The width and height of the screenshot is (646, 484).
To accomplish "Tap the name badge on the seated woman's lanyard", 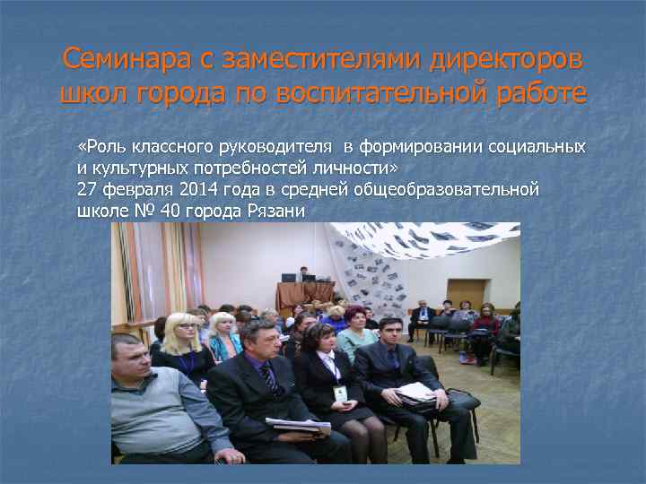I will tap(340, 393).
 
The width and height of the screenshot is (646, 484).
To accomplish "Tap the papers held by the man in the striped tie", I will tap(295, 425).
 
